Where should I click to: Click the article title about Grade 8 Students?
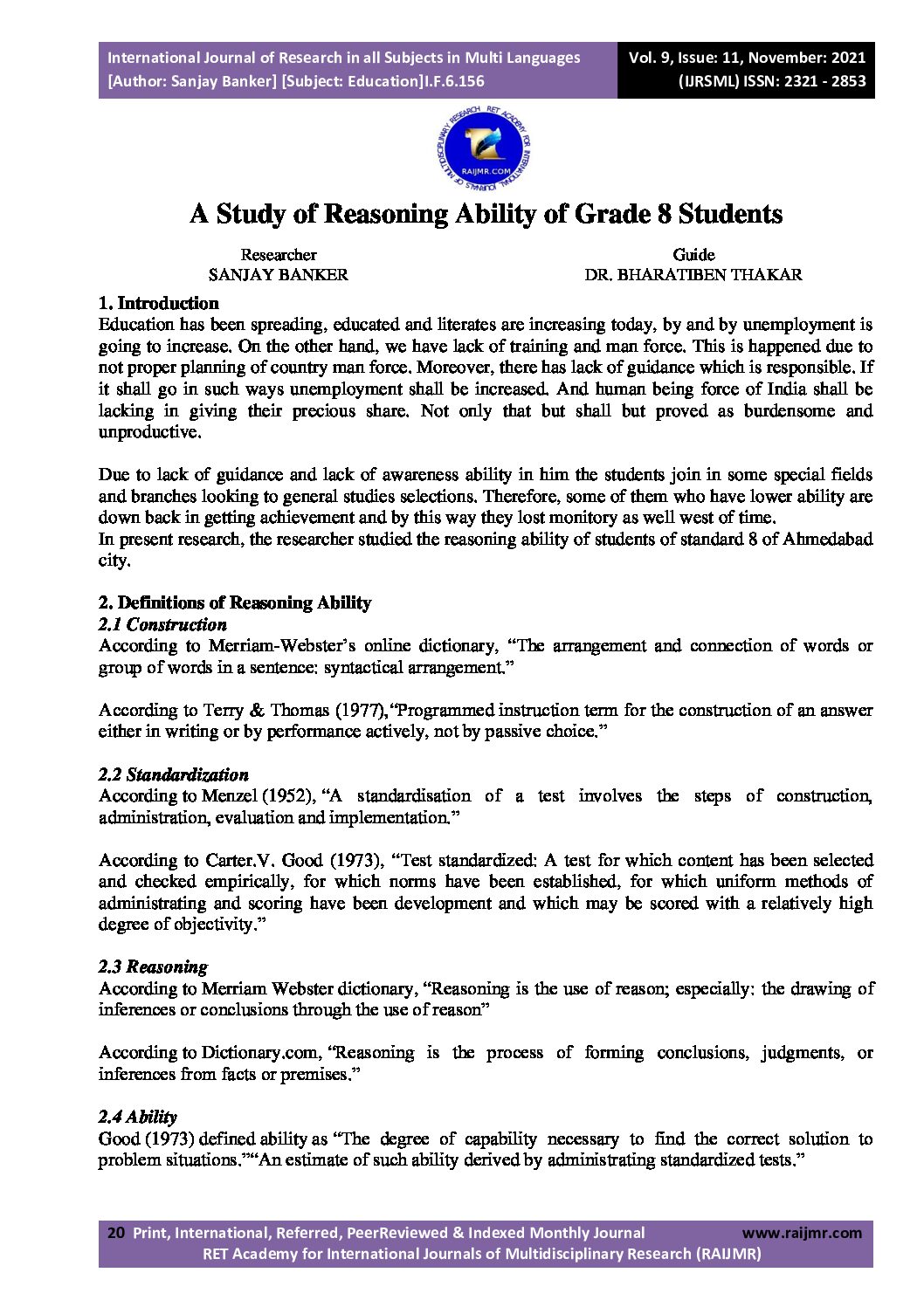pyautogui.click(x=486, y=214)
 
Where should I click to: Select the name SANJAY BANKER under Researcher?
pyautogui.click(x=278, y=275)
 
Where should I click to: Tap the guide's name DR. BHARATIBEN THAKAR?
pyautogui.click(x=693, y=275)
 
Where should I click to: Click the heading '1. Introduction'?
pyautogui.click(x=159, y=304)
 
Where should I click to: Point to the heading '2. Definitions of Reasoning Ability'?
pyautogui.click(x=235, y=603)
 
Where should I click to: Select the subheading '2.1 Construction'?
pyautogui.click(x=162, y=625)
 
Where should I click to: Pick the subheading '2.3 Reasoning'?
pyautogui.click(x=153, y=967)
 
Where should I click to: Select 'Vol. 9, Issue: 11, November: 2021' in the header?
pyautogui.click(x=747, y=58)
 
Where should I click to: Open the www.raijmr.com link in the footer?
pyautogui.click(x=801, y=1234)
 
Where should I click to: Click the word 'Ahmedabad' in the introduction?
pyautogui.click(x=831, y=540)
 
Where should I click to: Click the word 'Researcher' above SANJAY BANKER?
pyautogui.click(x=278, y=255)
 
